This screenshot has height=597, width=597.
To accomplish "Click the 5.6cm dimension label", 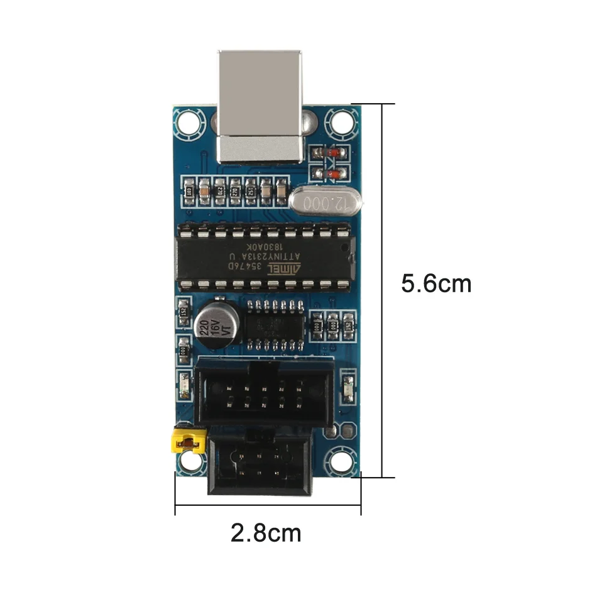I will (x=436, y=283).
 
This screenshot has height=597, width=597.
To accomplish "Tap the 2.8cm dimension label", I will (x=266, y=534).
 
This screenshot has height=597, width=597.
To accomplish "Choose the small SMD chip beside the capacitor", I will (x=274, y=326).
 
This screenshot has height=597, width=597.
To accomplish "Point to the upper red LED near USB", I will (x=331, y=153).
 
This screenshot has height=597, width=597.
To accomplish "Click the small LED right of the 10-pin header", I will (x=347, y=388).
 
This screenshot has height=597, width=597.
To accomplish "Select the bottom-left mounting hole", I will (x=187, y=462).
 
